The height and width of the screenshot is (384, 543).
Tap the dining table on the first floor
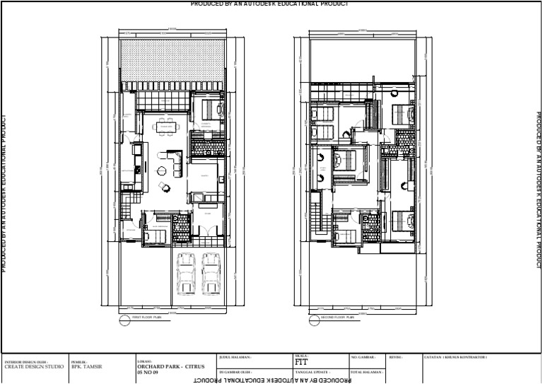click(167, 127)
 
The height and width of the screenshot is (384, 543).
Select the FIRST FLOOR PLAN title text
click(148, 319)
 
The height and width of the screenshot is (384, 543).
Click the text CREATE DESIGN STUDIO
click(33, 367)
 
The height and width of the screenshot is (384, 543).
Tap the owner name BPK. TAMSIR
click(87, 367)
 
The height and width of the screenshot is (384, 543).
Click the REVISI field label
click(396, 357)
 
